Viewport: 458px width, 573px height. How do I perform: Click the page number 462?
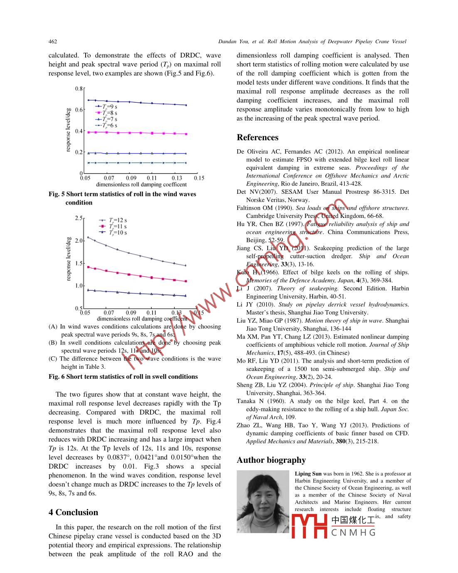point(53,41)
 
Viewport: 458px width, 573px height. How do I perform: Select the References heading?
point(257,138)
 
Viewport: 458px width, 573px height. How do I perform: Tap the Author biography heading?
point(271,460)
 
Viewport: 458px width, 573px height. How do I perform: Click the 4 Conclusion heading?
point(73,512)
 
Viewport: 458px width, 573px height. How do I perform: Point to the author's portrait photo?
point(263,501)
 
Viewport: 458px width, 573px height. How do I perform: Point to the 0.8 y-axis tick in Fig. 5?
point(79,89)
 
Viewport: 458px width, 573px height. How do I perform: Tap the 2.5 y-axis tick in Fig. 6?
point(79,218)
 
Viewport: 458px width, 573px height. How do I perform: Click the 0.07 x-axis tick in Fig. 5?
point(109,178)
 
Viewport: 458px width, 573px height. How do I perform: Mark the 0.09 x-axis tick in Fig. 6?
point(131,313)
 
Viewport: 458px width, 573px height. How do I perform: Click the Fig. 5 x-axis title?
point(141,185)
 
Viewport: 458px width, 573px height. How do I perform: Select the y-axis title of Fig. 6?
point(69,259)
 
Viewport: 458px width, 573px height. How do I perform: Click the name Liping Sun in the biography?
point(308,474)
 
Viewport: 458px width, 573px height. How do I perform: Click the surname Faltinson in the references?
point(249,208)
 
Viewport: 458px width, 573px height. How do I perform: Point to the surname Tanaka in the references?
point(246,401)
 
